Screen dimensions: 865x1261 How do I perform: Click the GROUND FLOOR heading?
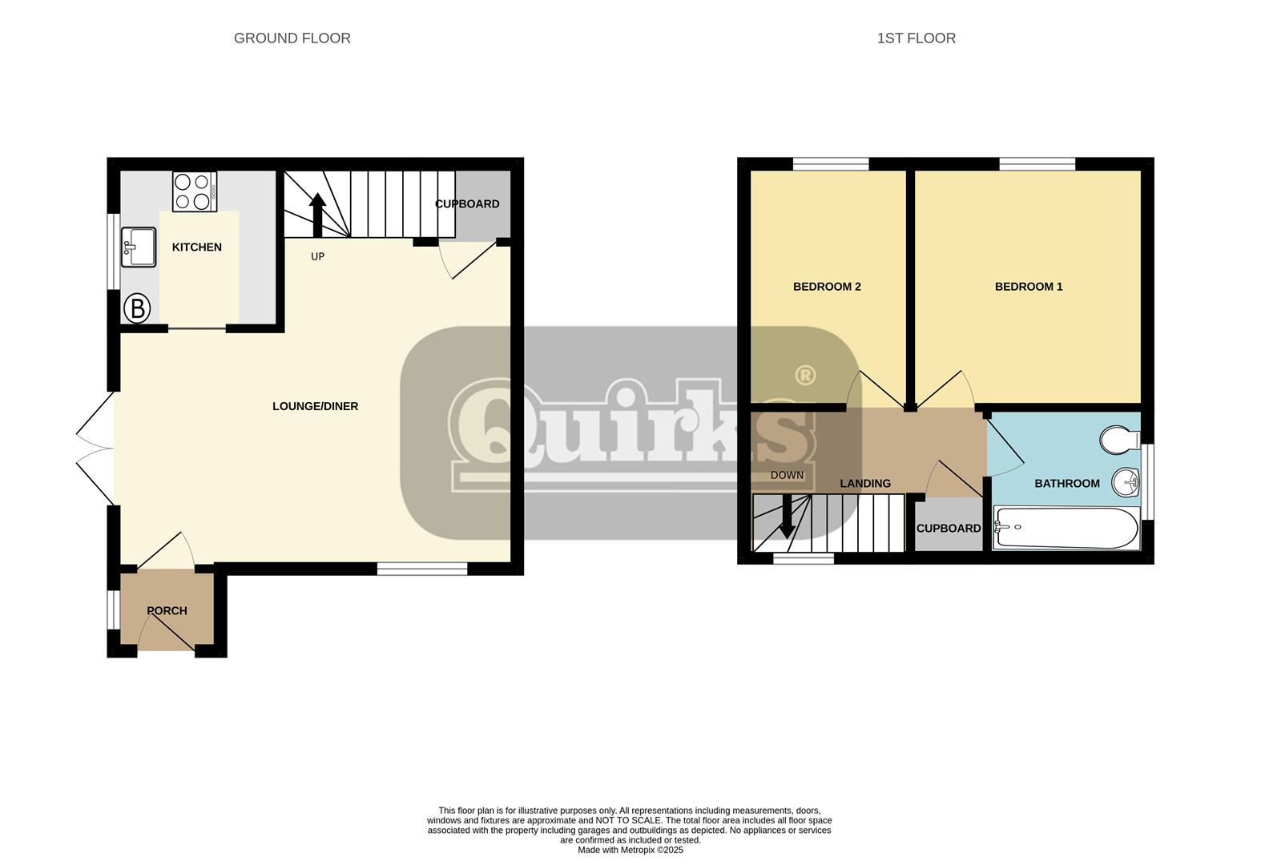click(x=292, y=38)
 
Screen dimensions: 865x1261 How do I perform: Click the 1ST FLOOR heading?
click(x=916, y=38)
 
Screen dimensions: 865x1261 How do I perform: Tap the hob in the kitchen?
click(x=195, y=191)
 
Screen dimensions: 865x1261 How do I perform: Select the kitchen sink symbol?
click(x=139, y=247)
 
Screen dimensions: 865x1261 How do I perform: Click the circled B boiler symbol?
click(x=137, y=308)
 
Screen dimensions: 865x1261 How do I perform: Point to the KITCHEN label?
click(x=196, y=247)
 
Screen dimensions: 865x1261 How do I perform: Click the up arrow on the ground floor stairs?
click(x=317, y=215)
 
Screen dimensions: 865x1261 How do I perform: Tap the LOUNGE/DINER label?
click(x=315, y=406)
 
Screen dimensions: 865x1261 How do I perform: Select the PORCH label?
click(x=167, y=610)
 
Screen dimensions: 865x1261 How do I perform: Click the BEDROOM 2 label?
click(x=827, y=287)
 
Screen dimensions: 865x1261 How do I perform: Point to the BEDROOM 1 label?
click(x=1028, y=287)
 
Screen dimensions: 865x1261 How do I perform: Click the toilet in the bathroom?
click(x=1119, y=440)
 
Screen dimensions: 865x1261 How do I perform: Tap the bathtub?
click(x=1066, y=528)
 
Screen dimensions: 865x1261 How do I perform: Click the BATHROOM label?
click(x=1066, y=484)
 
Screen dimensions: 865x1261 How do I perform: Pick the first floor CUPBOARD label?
click(x=948, y=529)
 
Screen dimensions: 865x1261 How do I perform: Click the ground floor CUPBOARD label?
click(x=467, y=204)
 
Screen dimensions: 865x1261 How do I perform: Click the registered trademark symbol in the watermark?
click(x=804, y=375)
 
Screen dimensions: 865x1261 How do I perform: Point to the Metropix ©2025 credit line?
click(x=630, y=850)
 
